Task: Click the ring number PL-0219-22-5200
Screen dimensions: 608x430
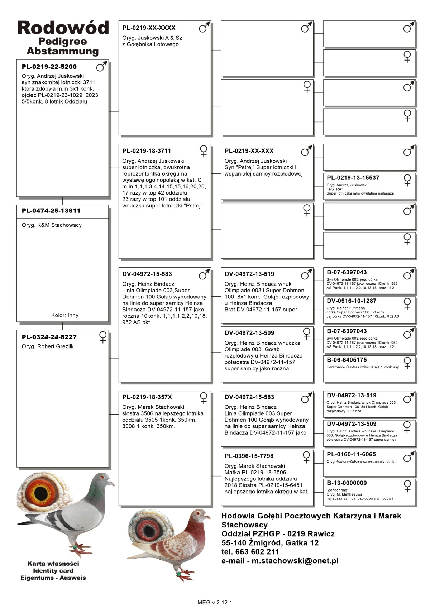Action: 49,67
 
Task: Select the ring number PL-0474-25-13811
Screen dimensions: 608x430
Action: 51,211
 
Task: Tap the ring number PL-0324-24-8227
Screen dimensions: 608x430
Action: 49,337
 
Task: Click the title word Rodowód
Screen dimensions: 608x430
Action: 63,28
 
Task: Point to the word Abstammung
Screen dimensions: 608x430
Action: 63,51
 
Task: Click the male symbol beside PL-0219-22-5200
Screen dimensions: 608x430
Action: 102,66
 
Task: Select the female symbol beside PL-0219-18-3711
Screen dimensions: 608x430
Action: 204,151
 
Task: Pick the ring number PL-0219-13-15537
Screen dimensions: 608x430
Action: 353,178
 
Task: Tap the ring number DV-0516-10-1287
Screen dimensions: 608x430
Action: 352,301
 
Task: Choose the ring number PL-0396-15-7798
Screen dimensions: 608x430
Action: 249,456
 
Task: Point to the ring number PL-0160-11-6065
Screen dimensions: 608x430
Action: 352,454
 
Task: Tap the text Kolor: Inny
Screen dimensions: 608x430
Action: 64,315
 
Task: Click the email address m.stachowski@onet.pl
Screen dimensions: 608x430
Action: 295,561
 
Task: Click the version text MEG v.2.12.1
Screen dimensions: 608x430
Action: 215,602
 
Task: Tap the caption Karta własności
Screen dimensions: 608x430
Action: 53,564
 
